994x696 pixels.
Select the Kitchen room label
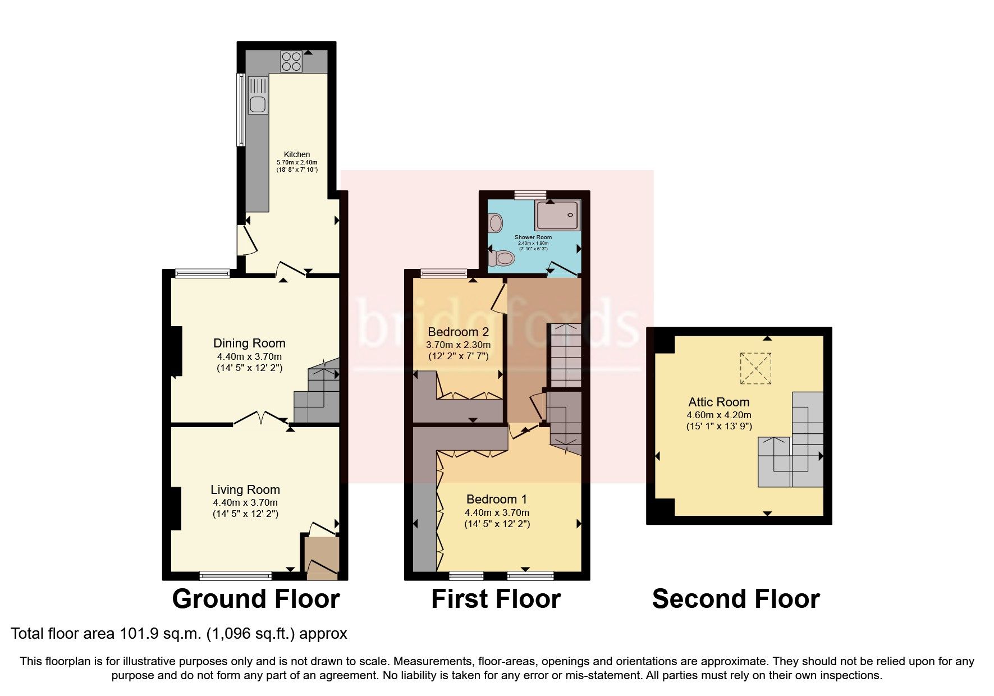coord(296,154)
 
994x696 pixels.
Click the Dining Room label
coord(249,344)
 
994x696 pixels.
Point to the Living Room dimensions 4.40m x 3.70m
coord(245,503)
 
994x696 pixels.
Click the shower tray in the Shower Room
coord(557,216)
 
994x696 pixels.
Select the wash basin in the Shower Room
coord(495,223)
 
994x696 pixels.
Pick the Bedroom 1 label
coord(497,500)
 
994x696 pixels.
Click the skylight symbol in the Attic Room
coord(756,368)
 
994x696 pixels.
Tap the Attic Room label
coord(719,402)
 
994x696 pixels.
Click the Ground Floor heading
coord(256,599)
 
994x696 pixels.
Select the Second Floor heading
coord(736,599)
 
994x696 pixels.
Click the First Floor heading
coord(496,599)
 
